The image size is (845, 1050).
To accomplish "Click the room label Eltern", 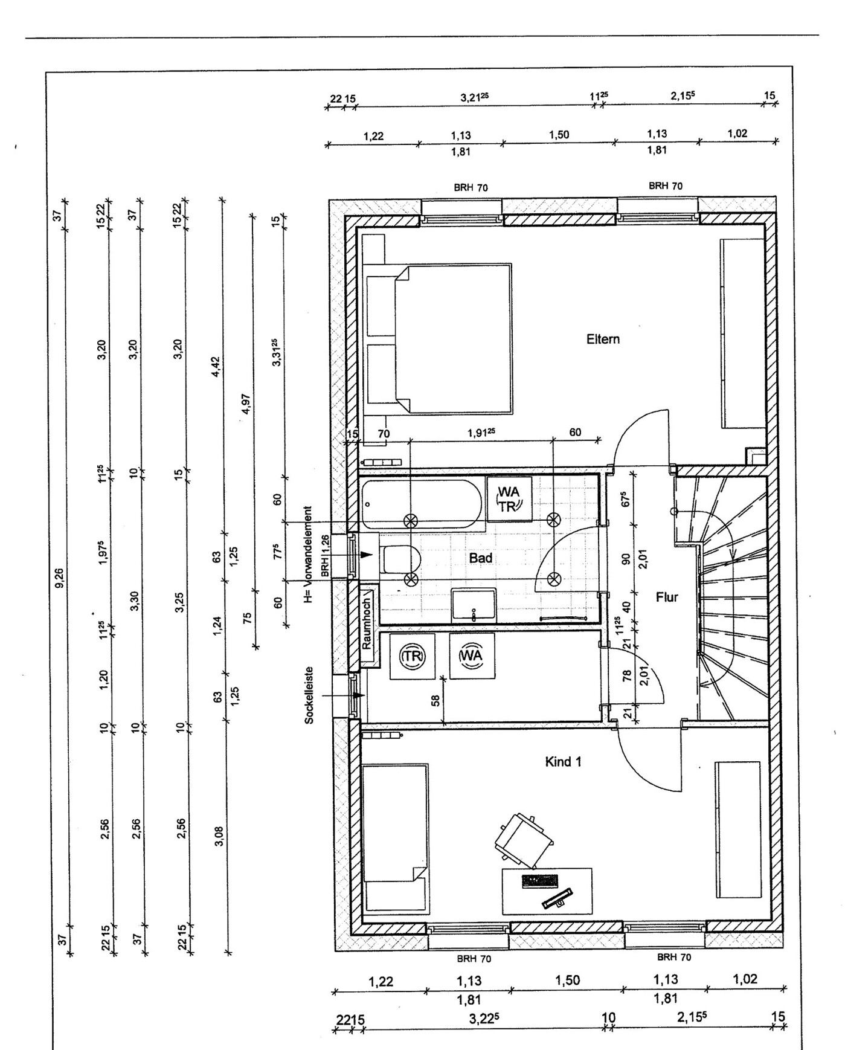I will click(603, 339).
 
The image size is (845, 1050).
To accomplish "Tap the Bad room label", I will click(481, 558).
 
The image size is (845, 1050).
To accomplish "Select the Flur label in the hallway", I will click(667, 597).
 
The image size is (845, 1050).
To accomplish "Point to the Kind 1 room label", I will click(563, 762).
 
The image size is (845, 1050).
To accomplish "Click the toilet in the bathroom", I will click(399, 559).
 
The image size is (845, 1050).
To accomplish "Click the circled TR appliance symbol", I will click(413, 657).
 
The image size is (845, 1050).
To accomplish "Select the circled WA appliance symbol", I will click(472, 655).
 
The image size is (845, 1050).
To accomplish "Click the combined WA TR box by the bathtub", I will click(509, 499).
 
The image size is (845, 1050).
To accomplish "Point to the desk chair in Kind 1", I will click(523, 837).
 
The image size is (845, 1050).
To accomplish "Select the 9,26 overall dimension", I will click(59, 578).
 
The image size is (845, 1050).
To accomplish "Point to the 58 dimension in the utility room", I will click(435, 700).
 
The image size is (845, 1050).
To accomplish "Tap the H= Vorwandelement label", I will click(309, 555).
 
